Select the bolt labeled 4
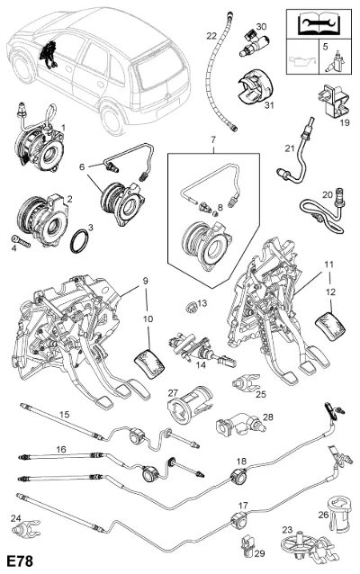tap(20, 240)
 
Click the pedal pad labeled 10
tap(149, 363)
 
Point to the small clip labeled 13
tap(190, 307)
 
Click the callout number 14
tap(201, 365)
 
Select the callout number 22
tap(211, 36)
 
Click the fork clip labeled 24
tap(25, 527)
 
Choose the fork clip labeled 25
tap(246, 382)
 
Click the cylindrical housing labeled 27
tap(190, 405)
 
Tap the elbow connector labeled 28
tap(240, 424)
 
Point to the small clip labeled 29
tap(247, 547)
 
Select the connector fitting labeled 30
tap(254, 43)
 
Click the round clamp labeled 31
tap(256, 88)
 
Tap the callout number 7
tap(213, 139)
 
